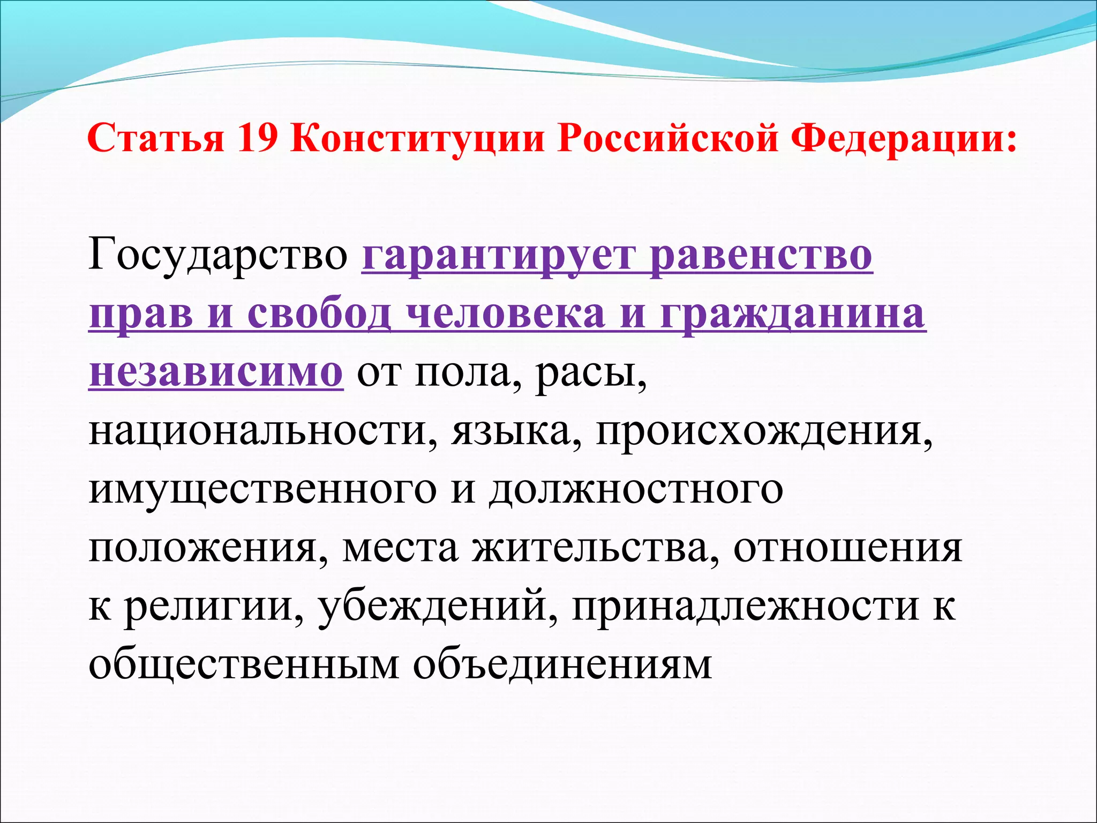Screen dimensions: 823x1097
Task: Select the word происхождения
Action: coord(764,432)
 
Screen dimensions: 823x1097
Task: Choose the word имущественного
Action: coord(262,491)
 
